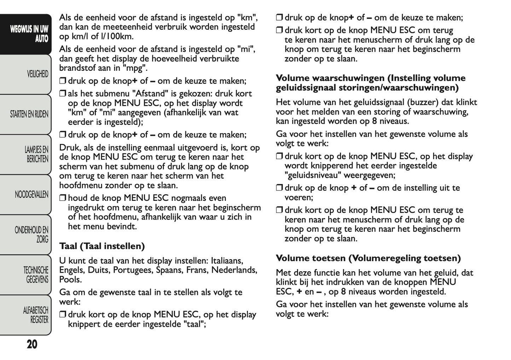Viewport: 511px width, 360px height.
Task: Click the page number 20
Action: [32, 344]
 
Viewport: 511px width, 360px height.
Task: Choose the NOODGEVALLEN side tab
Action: [31, 194]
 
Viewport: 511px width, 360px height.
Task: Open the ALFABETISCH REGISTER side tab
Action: [35, 315]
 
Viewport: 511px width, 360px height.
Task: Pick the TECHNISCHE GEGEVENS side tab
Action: [36, 275]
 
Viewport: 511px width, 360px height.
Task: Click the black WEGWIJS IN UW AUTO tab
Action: [29, 34]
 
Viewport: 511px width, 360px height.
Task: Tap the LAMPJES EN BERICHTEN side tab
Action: [36, 155]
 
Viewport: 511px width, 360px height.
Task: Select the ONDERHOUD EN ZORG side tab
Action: [31, 234]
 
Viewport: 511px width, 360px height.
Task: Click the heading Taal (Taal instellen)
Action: [102, 246]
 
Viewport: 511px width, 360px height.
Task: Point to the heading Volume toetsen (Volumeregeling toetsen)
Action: [368, 258]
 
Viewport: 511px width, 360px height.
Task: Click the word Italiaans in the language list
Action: [227, 261]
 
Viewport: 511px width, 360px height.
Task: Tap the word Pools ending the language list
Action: [70, 280]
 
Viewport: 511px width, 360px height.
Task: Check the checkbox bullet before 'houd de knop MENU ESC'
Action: [63, 198]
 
